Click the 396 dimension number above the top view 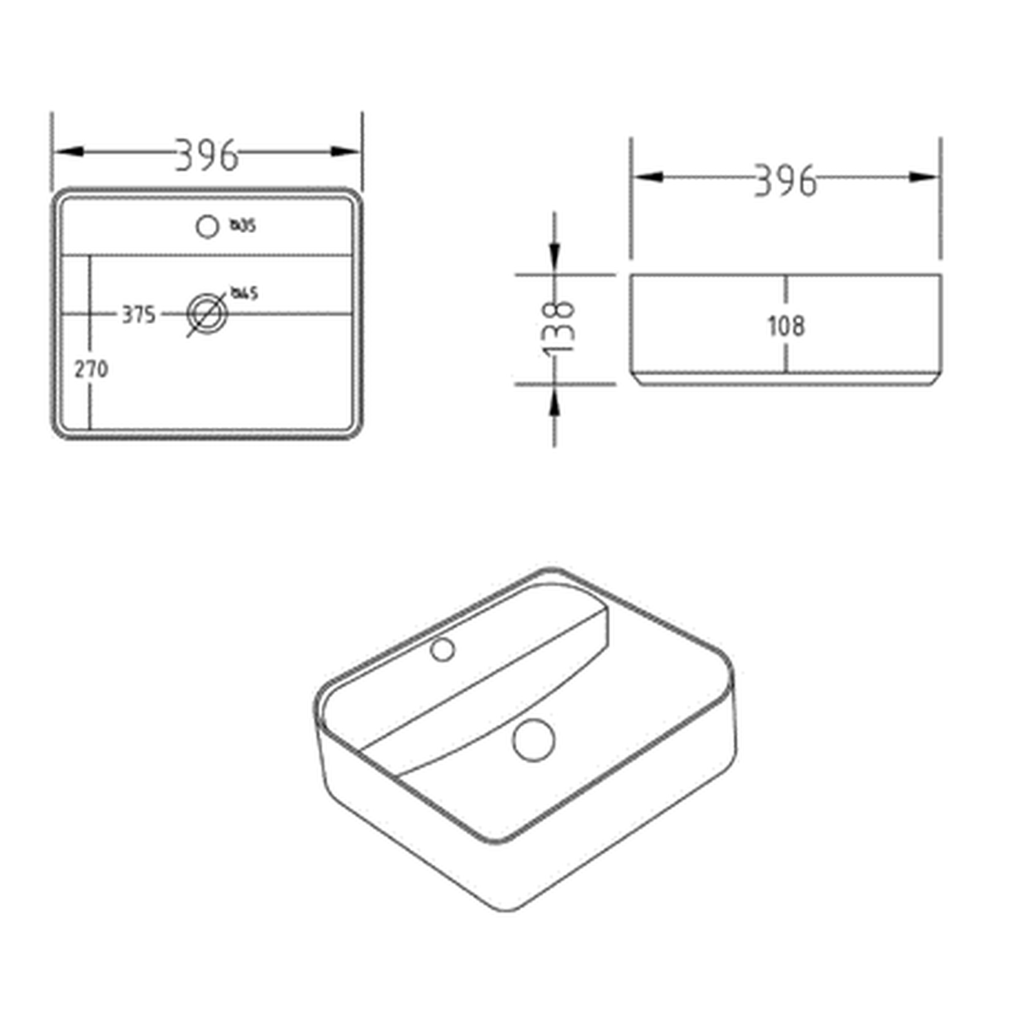point(207,155)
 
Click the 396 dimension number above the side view point(785,181)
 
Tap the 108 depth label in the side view point(786,326)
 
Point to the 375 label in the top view point(139,315)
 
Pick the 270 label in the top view point(91,369)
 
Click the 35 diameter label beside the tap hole point(243,225)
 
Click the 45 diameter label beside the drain point(244,293)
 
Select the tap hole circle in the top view point(207,226)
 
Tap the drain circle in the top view point(207,314)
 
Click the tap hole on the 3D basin point(443,649)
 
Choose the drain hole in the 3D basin point(533,740)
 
